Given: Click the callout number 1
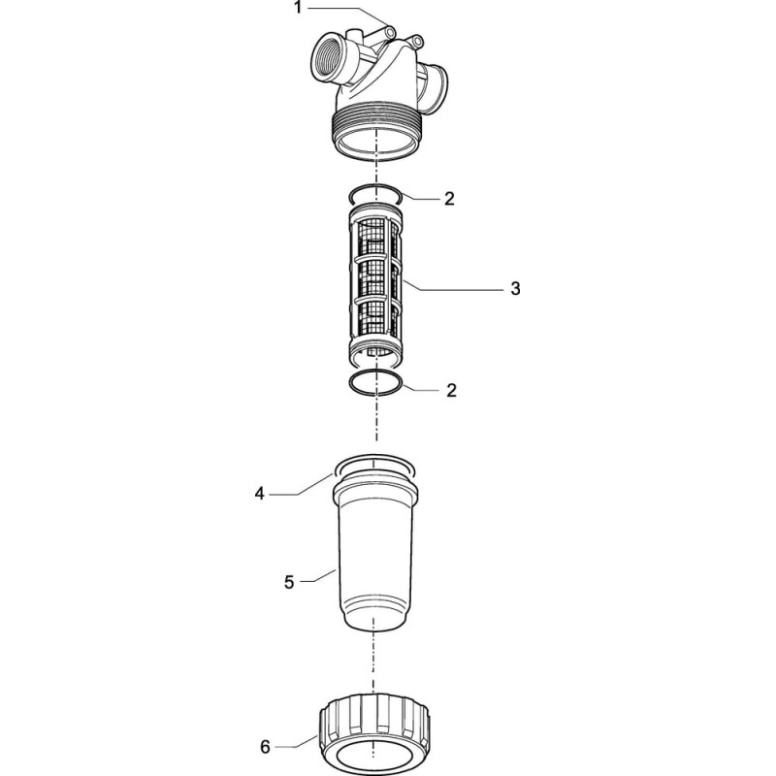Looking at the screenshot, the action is [x=298, y=8].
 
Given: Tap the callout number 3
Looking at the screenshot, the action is [x=515, y=288].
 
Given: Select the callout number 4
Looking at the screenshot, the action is [x=260, y=494].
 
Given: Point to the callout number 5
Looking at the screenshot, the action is [x=289, y=582].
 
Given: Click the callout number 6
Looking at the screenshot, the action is [x=265, y=747].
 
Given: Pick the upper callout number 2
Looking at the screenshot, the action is [x=449, y=199].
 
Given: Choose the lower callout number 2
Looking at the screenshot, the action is [x=451, y=391].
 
